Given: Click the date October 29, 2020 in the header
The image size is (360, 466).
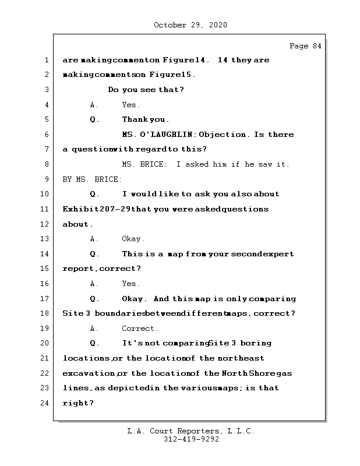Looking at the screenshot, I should [x=190, y=25].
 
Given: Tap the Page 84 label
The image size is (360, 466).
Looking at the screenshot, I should [x=305, y=46].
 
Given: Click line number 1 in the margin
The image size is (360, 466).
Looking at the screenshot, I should [x=46, y=60].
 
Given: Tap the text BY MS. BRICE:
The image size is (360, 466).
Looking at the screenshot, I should [x=92, y=179].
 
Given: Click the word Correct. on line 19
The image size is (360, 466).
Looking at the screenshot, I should [x=140, y=328].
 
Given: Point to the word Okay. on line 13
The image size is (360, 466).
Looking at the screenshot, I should [x=133, y=239].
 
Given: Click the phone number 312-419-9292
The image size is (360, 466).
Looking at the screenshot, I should [x=191, y=440].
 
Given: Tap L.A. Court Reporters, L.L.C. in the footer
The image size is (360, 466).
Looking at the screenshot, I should [x=191, y=432].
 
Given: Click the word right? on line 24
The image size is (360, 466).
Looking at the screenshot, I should [x=78, y=403].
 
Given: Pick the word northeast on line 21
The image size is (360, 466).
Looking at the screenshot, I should [x=241, y=358].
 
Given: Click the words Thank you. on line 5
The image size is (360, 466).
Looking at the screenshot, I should [x=146, y=119].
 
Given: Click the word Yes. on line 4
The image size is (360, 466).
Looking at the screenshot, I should [x=130, y=105].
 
